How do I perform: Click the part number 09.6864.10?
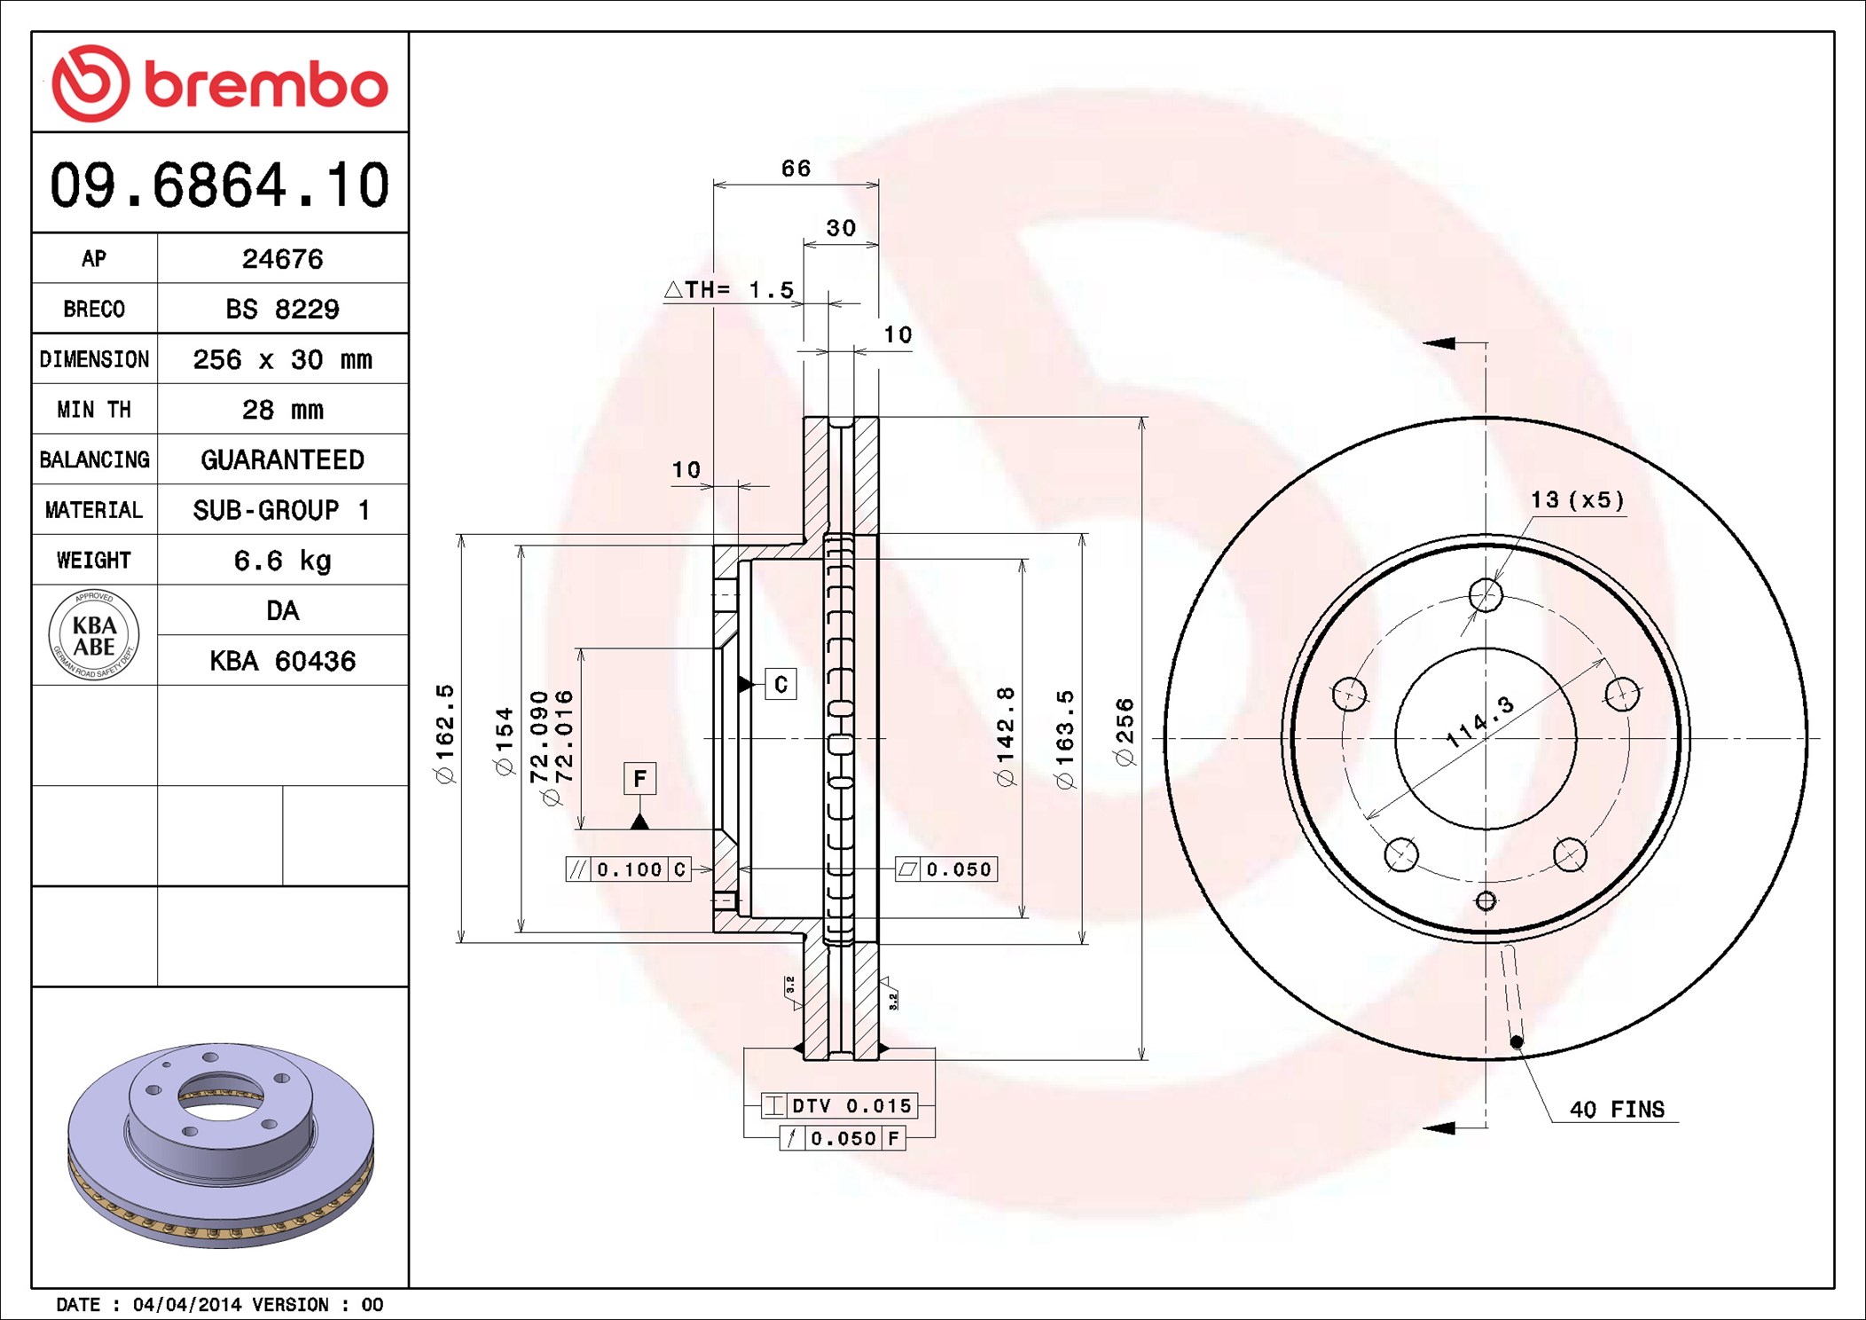219,185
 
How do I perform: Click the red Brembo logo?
220,83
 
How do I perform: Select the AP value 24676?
282,258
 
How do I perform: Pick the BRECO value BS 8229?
282,309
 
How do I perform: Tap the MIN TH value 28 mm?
282,409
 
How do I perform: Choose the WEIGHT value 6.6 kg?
282,561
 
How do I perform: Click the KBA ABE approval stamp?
94,635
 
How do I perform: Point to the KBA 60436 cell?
282,661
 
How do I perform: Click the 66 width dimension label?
796,168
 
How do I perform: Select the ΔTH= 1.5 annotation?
729,289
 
